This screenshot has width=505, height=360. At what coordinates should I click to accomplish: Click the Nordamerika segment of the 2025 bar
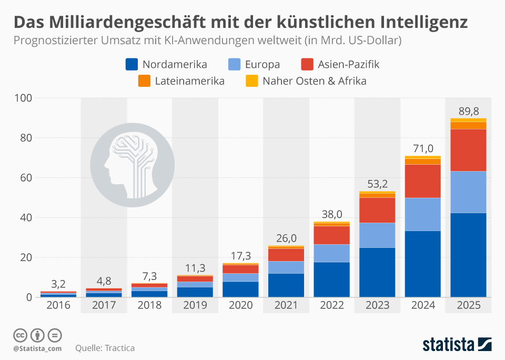click(468, 255)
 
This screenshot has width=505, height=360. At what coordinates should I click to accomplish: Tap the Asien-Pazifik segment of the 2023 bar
click(377, 210)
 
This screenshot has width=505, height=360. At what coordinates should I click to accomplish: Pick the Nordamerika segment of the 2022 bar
click(331, 279)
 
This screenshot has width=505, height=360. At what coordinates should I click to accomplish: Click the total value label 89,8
click(468, 111)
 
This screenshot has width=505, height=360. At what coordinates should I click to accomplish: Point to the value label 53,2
click(377, 184)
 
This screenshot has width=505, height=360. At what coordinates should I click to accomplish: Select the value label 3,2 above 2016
click(58, 284)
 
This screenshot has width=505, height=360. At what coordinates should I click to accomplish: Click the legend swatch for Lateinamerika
click(145, 81)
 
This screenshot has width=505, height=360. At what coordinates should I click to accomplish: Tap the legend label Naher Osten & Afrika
click(314, 81)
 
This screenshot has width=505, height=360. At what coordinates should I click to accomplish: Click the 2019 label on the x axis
click(195, 305)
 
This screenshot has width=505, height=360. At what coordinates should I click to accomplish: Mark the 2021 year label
click(286, 305)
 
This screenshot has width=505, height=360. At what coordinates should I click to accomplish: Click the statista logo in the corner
click(457, 345)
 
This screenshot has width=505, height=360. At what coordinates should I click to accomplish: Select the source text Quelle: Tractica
click(105, 348)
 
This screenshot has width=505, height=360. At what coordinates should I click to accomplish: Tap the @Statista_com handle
click(37, 348)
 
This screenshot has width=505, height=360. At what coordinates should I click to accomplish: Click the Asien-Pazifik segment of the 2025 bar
click(468, 150)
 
